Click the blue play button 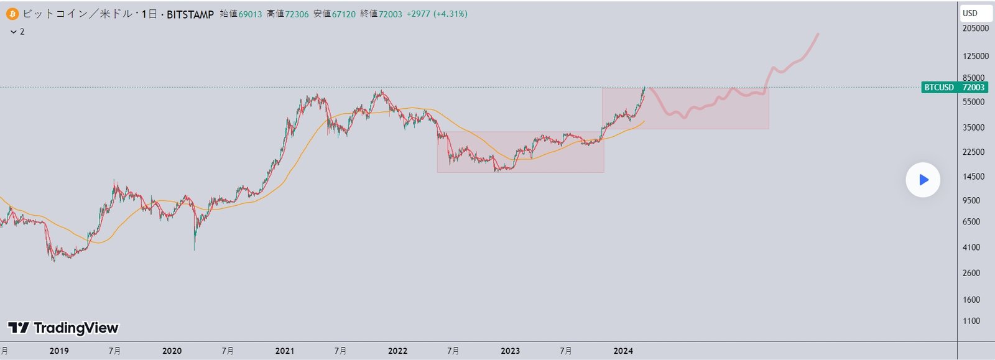(923, 180)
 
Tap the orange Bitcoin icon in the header (12, 14)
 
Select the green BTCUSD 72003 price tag (953, 87)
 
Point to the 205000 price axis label (975, 29)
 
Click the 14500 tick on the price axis (973, 177)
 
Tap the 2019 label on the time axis (59, 351)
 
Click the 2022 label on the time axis (397, 351)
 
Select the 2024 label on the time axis (623, 351)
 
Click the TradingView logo (63, 328)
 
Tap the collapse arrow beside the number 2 (14, 32)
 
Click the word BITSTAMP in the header (190, 14)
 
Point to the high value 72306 (297, 14)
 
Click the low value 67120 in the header (343, 14)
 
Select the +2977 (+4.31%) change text (437, 14)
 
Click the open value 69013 (250, 14)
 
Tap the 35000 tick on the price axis (973, 127)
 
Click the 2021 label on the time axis (285, 351)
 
